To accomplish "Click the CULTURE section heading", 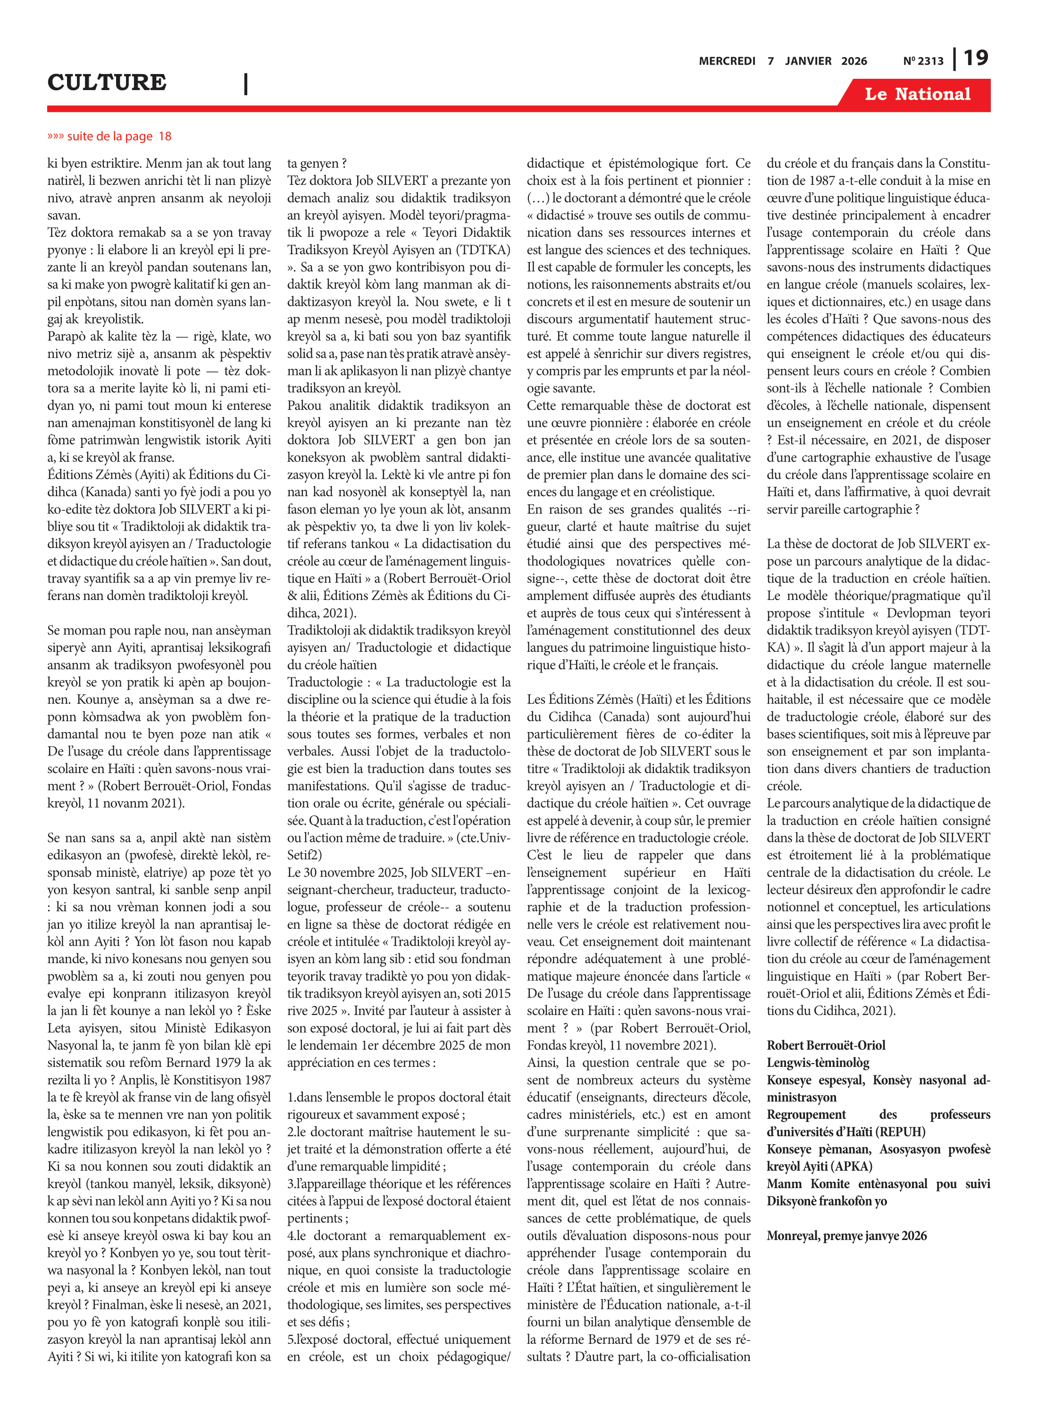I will coord(107,82).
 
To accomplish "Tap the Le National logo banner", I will coord(917,94).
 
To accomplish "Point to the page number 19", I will coord(976,58).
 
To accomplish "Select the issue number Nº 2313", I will coord(923,61).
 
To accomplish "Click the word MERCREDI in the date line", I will coord(727,61).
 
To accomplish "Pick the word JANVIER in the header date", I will coord(808,61).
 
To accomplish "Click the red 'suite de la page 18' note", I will coord(109,136).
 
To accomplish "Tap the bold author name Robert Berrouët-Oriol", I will coord(826,1045).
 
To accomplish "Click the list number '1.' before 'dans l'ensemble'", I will coord(292,1097).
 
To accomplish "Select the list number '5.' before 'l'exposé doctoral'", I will coord(292,1339).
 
